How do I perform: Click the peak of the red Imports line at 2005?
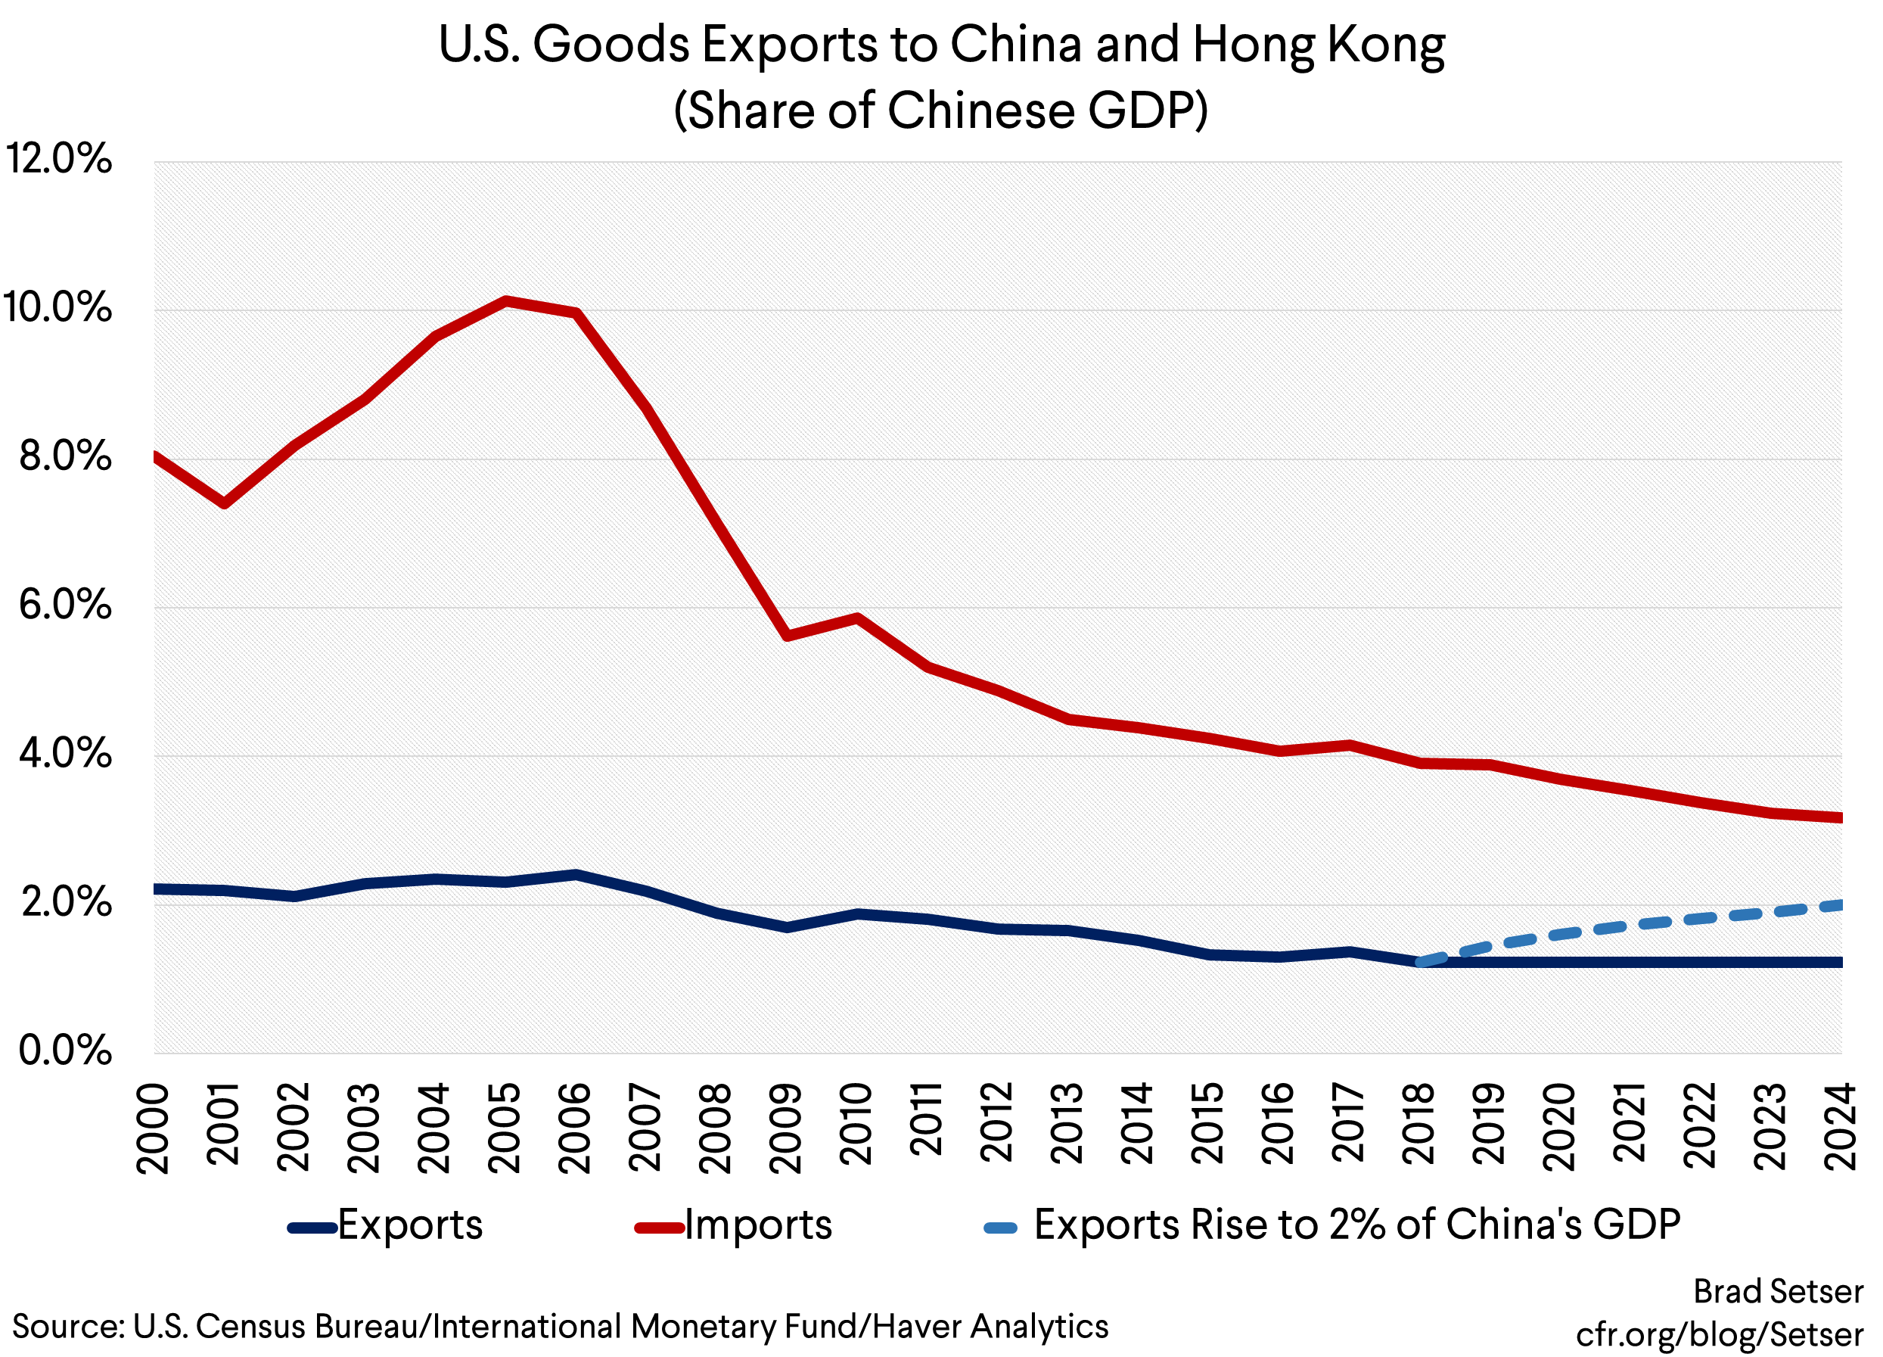click(505, 300)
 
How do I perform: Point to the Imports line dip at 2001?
click(224, 503)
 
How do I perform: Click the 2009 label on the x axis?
click(785, 1127)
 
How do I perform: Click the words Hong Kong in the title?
click(1319, 45)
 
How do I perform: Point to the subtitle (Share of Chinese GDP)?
click(940, 110)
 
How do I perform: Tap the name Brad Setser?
click(1779, 1291)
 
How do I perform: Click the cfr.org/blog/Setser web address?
click(1720, 1334)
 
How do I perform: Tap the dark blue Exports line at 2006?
click(576, 874)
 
